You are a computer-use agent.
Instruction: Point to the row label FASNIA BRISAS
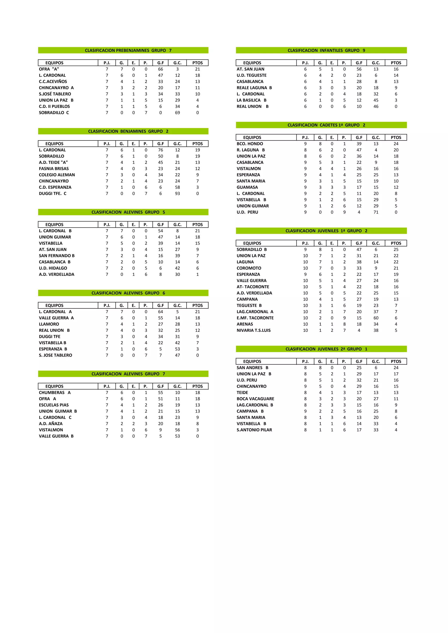pyautogui.click(x=54, y=169)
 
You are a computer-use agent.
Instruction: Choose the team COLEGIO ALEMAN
pyautogui.click(x=57, y=175)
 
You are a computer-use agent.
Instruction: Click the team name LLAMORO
pyautogui.click(x=49, y=324)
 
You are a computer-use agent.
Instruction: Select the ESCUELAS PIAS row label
pyautogui.click(x=54, y=405)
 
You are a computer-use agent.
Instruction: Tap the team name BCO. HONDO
pyautogui.click(x=250, y=144)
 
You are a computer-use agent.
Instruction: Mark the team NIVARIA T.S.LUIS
pyautogui.click(x=253, y=330)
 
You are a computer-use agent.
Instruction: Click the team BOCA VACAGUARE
pyautogui.click(x=255, y=399)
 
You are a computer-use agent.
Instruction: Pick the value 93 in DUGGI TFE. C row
pyautogui.click(x=177, y=194)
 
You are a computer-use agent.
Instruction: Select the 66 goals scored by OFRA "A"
pyautogui.click(x=160, y=69)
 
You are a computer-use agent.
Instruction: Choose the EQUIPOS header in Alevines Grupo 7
pyautogui.click(x=54, y=386)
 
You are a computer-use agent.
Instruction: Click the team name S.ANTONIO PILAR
pyautogui.click(x=254, y=430)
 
